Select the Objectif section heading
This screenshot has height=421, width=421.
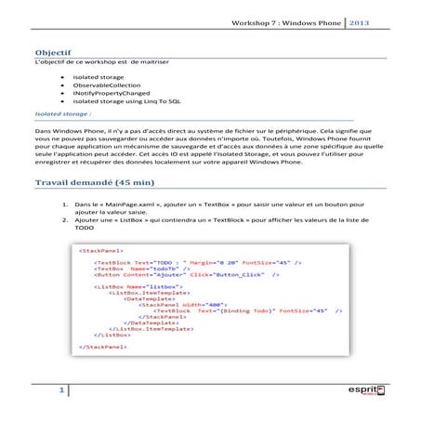coord(53,52)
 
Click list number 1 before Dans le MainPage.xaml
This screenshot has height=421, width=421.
coord(64,202)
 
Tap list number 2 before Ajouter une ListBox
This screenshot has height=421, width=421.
coord(64,218)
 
